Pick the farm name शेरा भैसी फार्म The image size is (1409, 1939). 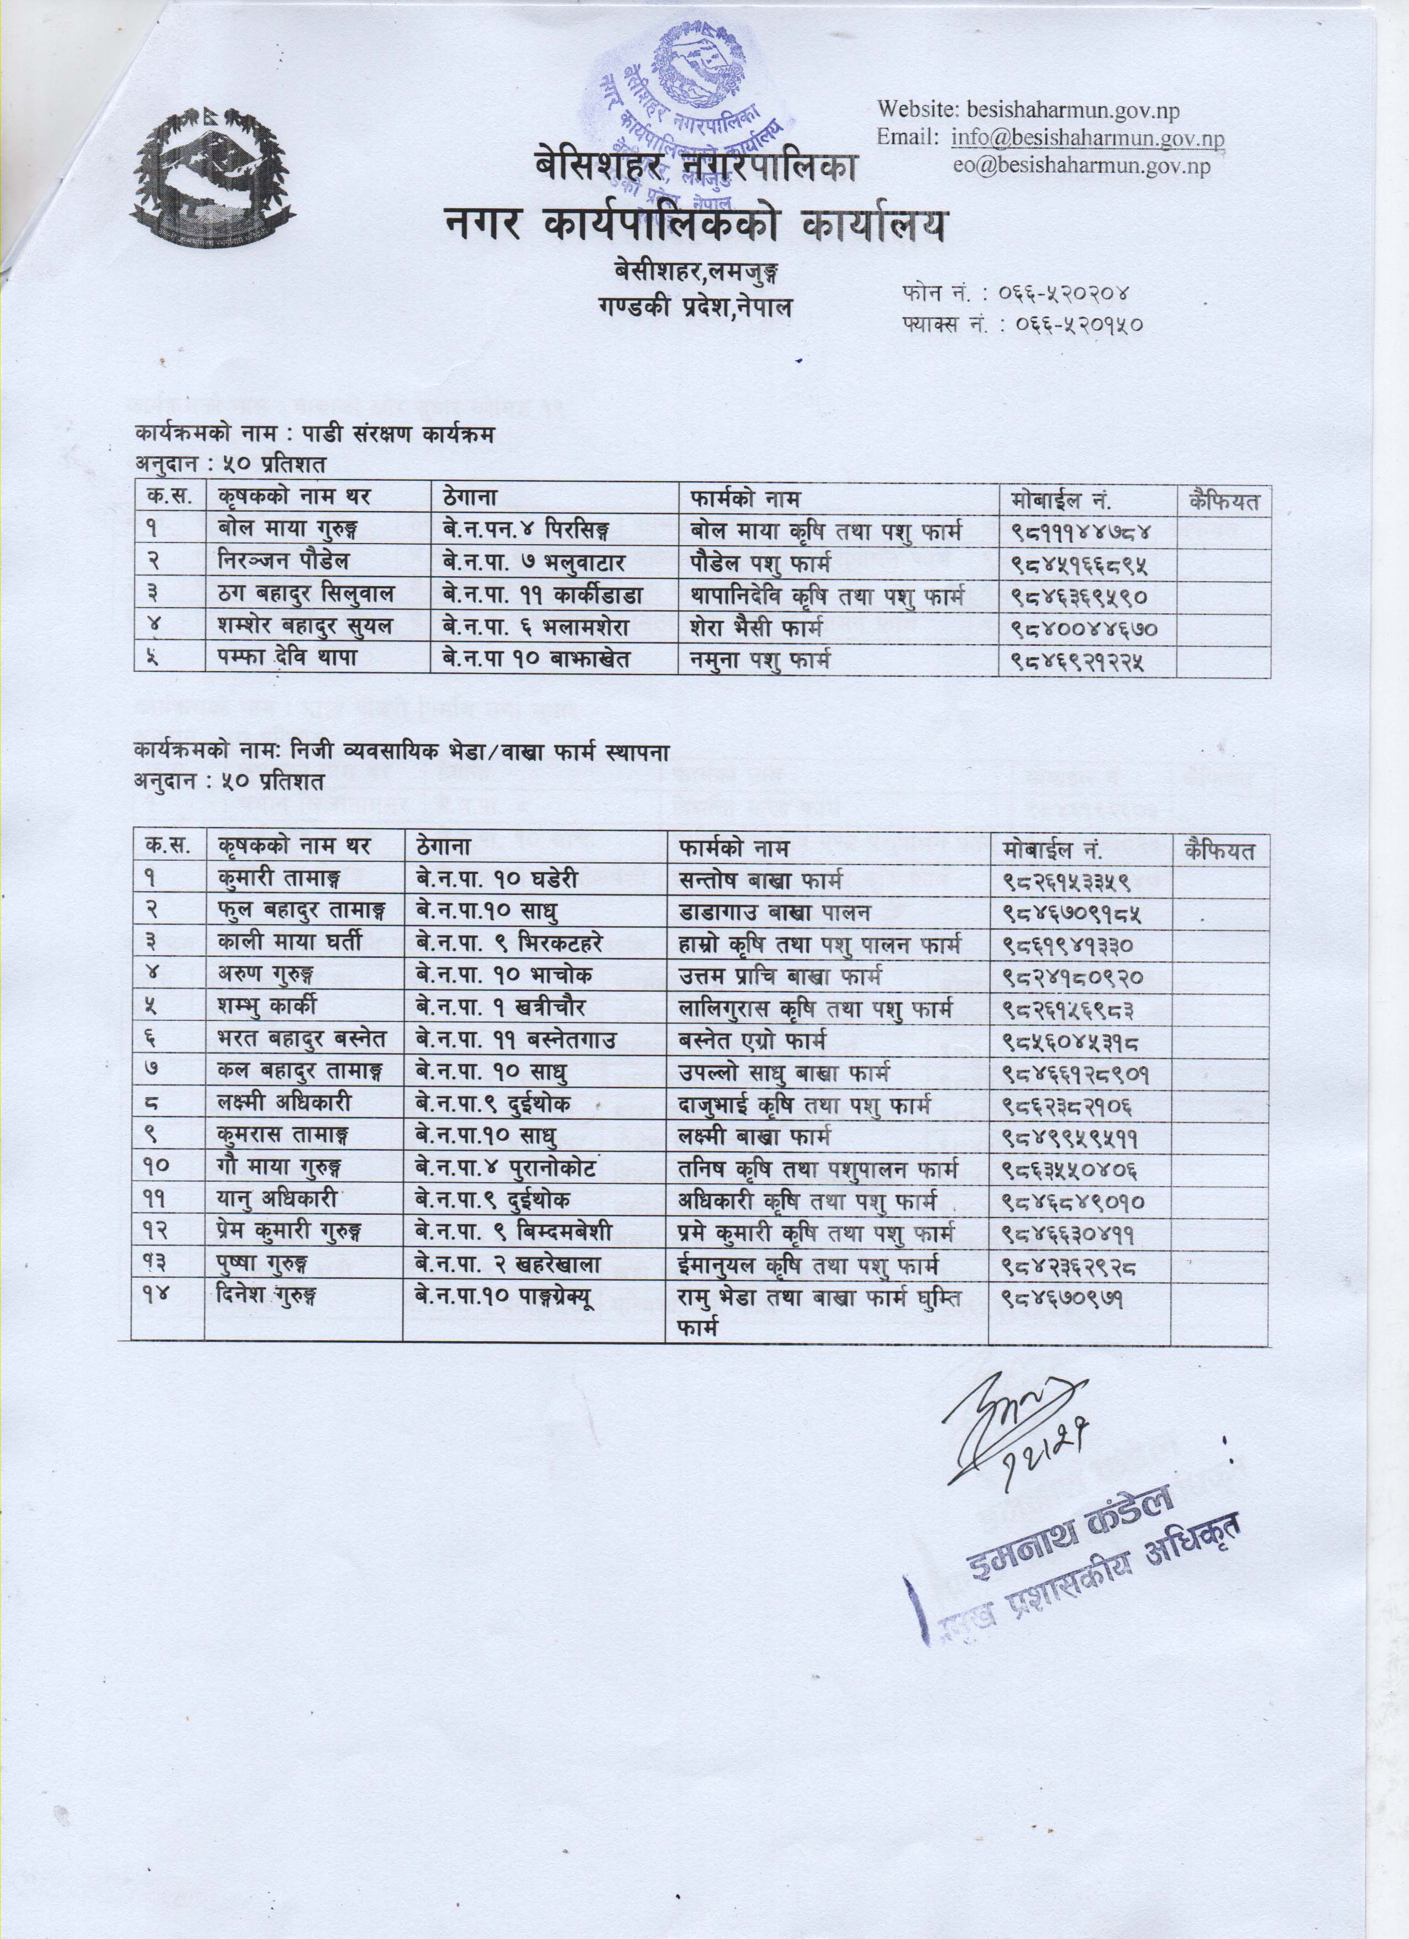point(756,628)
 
